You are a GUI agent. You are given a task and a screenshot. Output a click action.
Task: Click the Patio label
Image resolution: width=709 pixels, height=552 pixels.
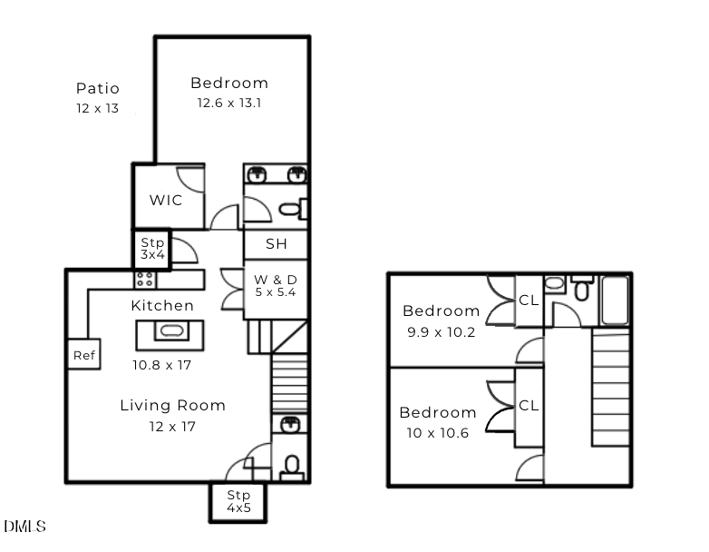pos(98,88)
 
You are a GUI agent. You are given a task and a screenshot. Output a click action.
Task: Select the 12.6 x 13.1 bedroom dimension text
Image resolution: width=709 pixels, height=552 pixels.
pos(229,103)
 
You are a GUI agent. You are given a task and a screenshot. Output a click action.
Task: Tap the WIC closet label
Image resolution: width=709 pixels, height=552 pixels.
pos(166,200)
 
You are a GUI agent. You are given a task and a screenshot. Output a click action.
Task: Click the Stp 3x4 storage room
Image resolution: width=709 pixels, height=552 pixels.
pos(152,250)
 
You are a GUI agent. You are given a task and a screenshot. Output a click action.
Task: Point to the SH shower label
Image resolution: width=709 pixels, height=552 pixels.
pos(277,244)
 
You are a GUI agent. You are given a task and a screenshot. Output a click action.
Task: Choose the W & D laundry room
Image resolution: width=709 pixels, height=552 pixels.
pos(276,290)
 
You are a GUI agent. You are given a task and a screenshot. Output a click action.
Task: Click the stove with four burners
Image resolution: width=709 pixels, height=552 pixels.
pos(145,280)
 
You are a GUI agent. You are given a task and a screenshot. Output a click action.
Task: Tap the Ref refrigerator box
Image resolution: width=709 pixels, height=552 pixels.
pos(84,354)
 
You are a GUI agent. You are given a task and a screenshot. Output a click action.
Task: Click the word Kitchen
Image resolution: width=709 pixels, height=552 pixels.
pos(162,306)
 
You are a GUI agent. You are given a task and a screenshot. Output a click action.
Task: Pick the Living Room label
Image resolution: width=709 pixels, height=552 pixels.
pos(173,405)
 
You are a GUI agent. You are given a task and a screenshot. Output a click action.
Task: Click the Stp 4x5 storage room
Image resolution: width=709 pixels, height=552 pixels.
pos(238,502)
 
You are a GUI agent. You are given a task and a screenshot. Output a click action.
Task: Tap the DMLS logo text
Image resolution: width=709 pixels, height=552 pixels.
pos(25,527)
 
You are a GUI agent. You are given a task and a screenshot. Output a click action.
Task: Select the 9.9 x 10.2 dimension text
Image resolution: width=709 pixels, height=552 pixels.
pos(442,332)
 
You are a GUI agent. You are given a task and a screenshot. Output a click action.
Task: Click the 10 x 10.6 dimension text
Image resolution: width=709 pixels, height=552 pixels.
pos(438,433)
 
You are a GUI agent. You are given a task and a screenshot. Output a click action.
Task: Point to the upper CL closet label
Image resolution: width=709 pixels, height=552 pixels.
pos(529,301)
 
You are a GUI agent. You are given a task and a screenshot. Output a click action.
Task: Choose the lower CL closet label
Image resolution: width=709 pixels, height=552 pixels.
pos(529,405)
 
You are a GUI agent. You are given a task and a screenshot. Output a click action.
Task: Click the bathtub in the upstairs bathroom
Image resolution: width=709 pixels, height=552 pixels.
pos(616,301)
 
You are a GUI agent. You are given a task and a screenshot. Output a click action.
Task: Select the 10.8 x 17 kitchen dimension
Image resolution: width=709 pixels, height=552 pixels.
pos(162,365)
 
